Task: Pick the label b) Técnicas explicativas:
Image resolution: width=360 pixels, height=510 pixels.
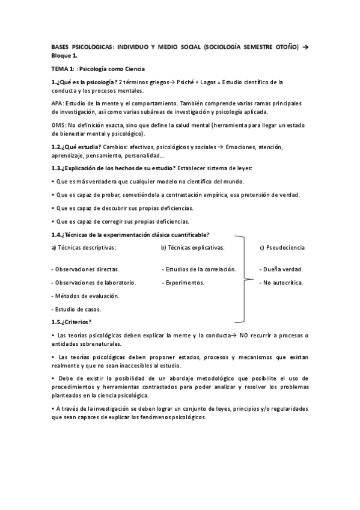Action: click(193, 247)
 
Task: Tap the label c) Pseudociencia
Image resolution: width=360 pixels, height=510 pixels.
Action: click(282, 247)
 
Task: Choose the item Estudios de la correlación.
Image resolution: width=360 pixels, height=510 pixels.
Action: click(199, 269)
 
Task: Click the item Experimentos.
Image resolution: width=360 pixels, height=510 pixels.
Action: click(185, 283)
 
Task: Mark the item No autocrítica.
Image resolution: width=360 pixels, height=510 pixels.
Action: click(281, 283)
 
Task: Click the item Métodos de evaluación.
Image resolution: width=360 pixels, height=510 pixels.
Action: click(85, 296)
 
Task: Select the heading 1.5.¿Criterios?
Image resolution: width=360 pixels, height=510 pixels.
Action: click(72, 322)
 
